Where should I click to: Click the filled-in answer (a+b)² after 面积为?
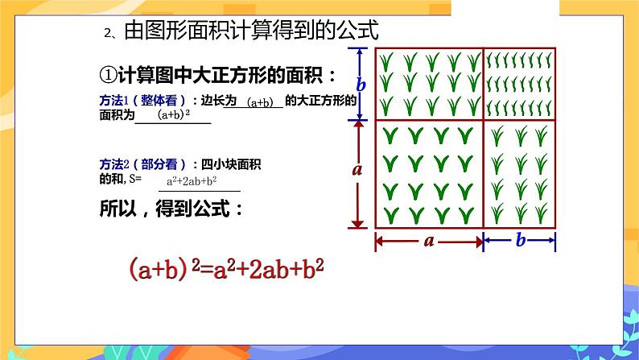(x=172, y=116)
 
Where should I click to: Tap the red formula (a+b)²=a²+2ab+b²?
(x=226, y=269)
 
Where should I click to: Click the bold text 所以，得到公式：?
(x=171, y=209)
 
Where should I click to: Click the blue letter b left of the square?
(x=361, y=84)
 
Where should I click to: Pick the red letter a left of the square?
(x=358, y=170)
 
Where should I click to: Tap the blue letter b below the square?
(x=520, y=240)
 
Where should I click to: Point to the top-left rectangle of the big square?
(x=429, y=83)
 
